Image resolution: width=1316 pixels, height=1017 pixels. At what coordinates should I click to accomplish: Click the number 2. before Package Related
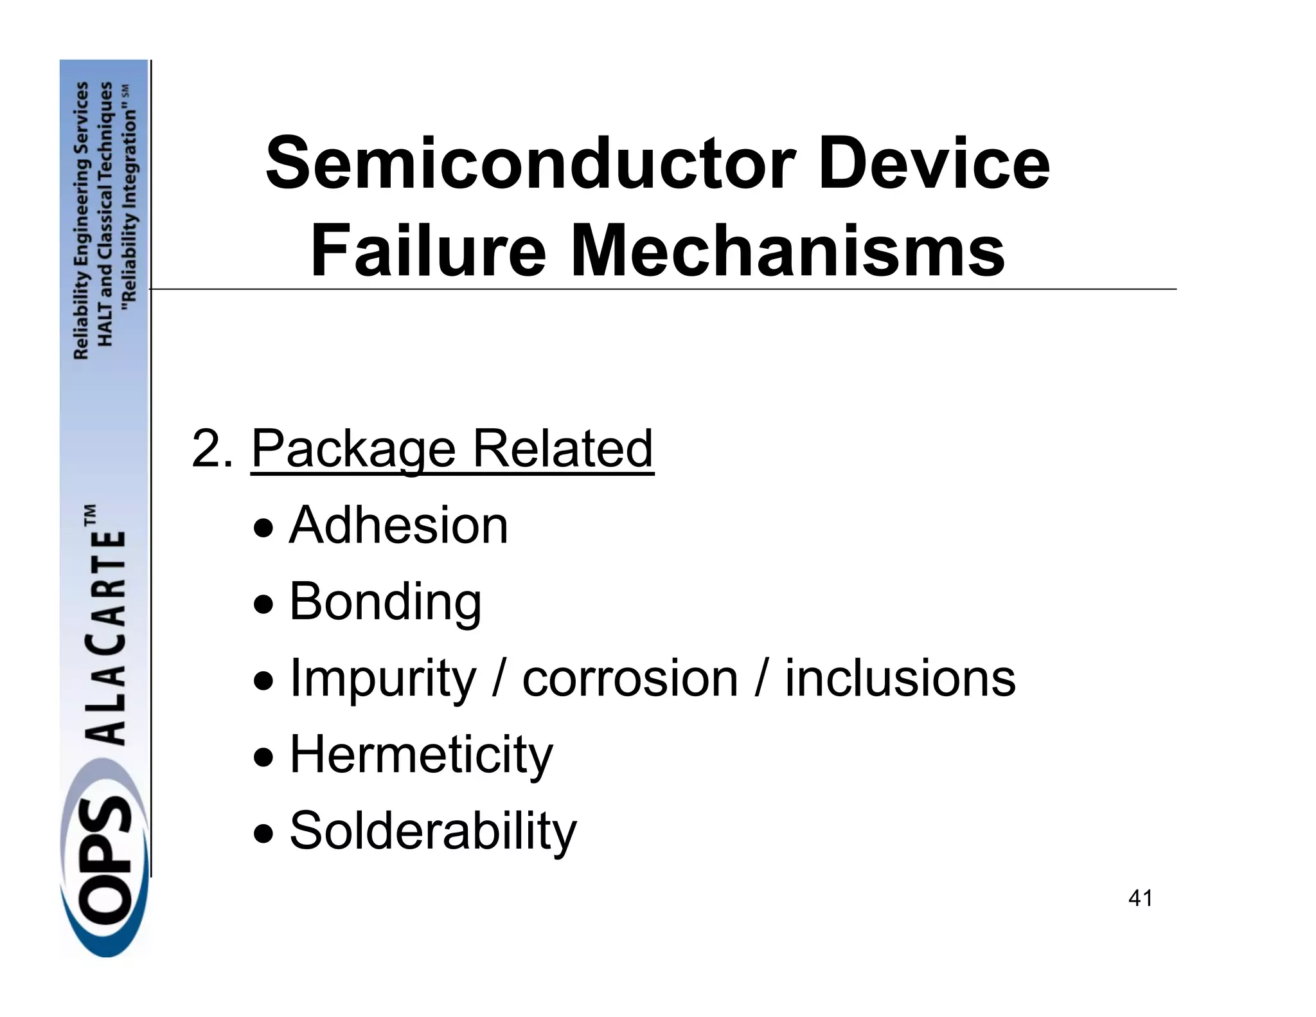pyautogui.click(x=213, y=449)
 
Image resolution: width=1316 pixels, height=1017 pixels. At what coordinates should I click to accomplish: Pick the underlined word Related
pyautogui.click(x=562, y=449)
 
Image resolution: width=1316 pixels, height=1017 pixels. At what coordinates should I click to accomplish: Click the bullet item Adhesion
pyautogui.click(x=398, y=525)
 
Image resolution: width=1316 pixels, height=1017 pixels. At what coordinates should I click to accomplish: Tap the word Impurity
pyautogui.click(x=383, y=679)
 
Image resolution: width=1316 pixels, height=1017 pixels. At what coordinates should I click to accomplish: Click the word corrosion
pyautogui.click(x=630, y=679)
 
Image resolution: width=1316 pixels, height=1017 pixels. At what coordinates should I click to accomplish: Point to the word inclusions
pyautogui.click(x=900, y=679)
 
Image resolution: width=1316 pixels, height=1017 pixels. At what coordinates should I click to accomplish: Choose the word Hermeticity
pyautogui.click(x=421, y=755)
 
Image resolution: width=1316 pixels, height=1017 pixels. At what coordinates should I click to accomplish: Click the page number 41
pyautogui.click(x=1141, y=898)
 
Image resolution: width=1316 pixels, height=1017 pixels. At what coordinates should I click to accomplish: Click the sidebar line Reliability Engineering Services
pyautogui.click(x=82, y=220)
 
